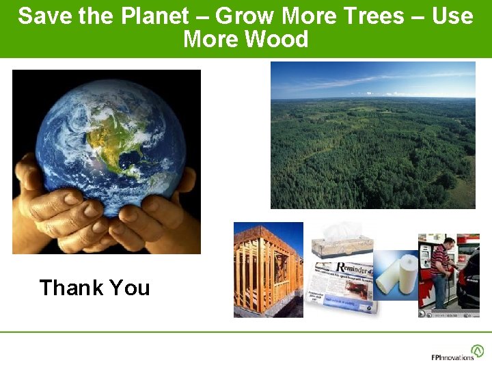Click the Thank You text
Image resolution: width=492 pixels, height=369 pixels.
(x=94, y=288)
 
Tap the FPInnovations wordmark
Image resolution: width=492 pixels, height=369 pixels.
(x=452, y=357)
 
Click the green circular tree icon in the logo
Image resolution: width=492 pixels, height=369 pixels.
(x=478, y=351)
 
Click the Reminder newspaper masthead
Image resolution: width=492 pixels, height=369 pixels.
(x=352, y=268)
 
